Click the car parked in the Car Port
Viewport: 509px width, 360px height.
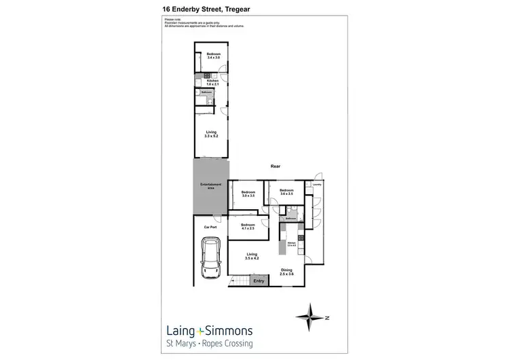(x=211, y=259)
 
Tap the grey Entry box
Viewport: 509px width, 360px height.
(x=259, y=281)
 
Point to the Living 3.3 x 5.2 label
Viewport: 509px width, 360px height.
(x=211, y=134)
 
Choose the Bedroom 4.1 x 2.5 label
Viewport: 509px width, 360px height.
(x=248, y=226)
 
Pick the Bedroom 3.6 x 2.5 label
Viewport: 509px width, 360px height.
(x=286, y=192)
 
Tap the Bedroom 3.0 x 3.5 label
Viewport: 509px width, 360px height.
(x=248, y=194)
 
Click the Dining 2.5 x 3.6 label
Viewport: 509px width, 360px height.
(x=286, y=272)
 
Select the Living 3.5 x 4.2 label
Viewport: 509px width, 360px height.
(x=252, y=257)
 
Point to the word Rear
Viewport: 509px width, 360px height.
(x=276, y=166)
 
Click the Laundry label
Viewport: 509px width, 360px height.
(x=316, y=184)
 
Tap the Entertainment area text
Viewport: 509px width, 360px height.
(x=209, y=186)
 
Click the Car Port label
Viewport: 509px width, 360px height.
(x=210, y=227)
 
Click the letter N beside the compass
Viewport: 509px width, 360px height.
(x=326, y=317)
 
